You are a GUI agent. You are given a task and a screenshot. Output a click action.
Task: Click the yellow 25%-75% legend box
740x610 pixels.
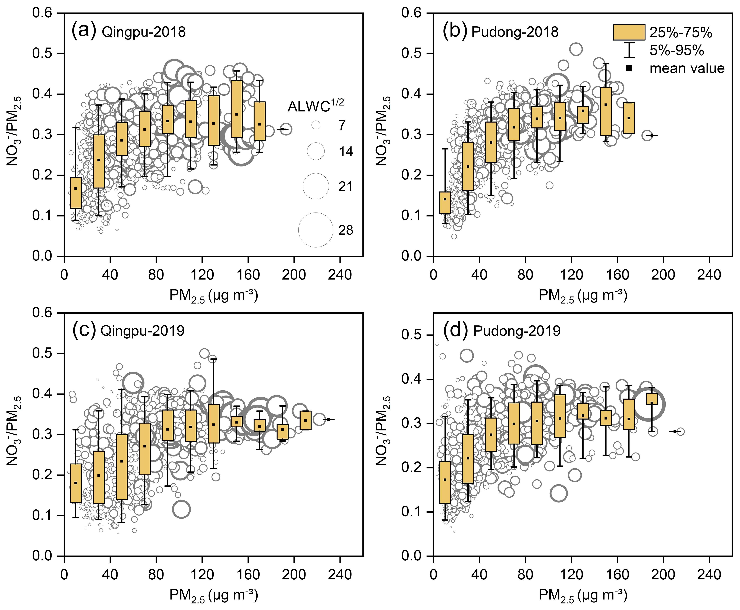(x=629, y=32)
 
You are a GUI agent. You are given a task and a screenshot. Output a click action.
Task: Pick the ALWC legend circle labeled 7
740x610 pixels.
(x=316, y=125)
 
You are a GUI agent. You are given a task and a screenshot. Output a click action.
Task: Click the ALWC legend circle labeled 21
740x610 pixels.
(x=316, y=186)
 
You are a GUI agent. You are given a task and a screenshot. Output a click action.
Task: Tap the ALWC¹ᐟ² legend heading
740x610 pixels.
(x=316, y=105)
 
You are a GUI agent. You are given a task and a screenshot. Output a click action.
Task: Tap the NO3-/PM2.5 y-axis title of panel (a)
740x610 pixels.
(x=14, y=131)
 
